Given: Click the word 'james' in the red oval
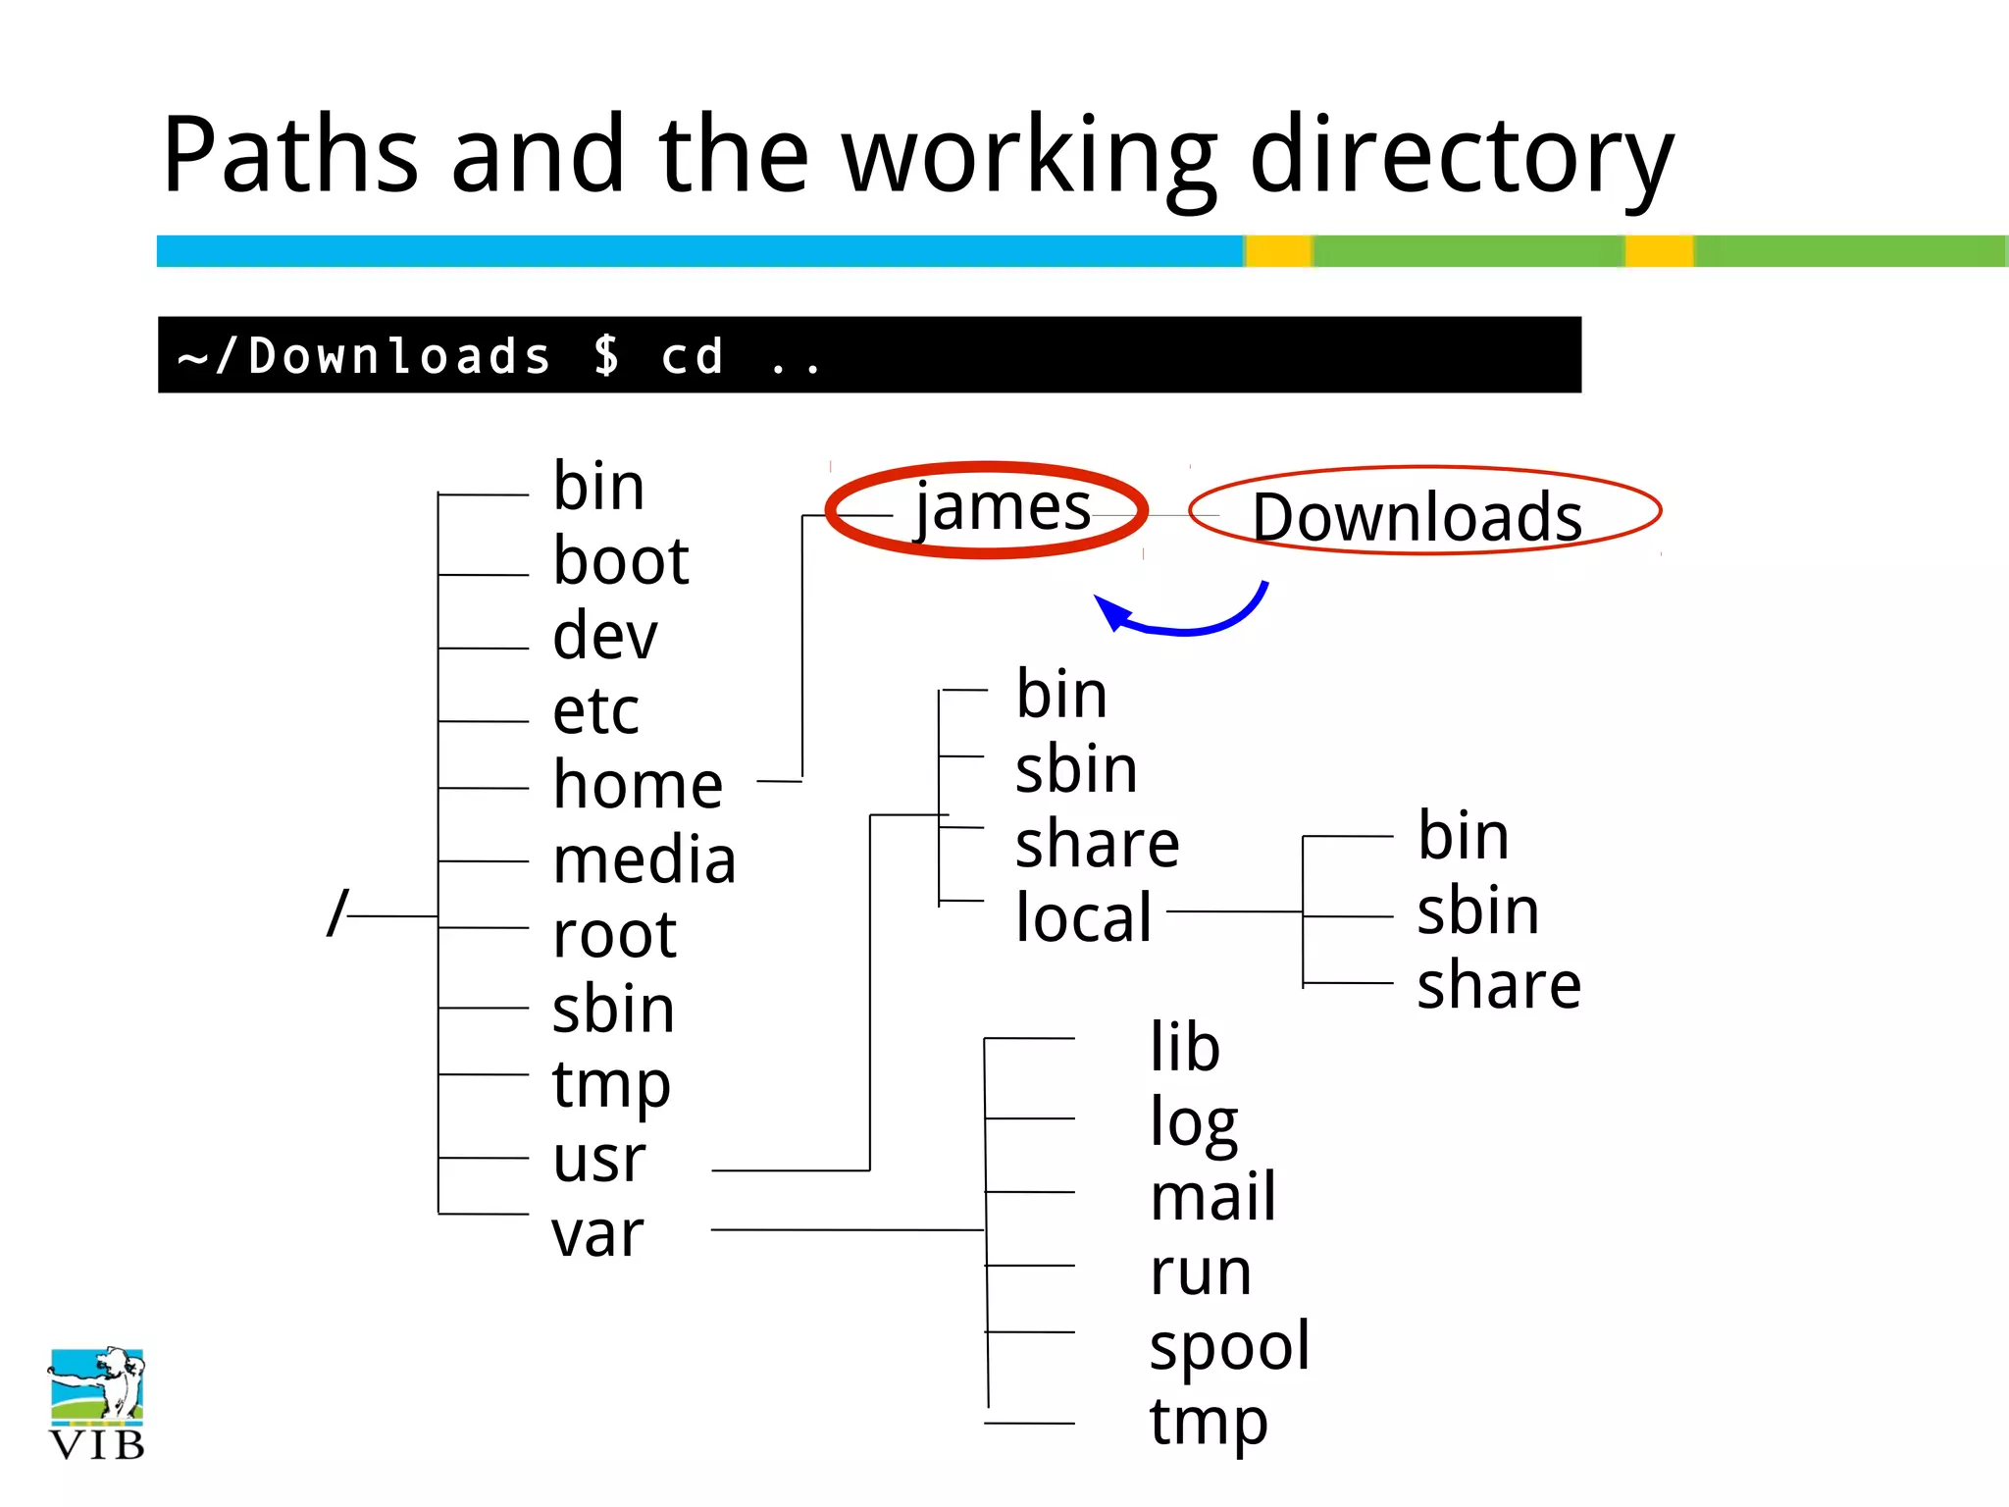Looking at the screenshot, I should point(1003,508).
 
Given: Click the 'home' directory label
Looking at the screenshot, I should point(638,785).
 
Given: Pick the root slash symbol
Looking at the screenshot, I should point(337,913).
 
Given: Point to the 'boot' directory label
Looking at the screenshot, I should point(621,561).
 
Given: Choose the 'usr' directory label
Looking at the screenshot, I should point(598,1159).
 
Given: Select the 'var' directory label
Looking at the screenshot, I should point(597,1233).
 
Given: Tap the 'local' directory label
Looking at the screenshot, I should point(1083,917).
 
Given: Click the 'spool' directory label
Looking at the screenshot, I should point(1229,1346).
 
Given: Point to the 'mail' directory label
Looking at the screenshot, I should point(1212,1197).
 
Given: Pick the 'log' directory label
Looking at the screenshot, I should point(1193,1123).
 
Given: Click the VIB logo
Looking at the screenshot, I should point(96,1404).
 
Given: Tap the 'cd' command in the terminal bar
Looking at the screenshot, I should point(693,355).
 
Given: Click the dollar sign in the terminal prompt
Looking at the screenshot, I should point(607,355).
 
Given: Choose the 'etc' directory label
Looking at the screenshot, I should point(595,710).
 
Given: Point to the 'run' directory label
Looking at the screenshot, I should point(1200,1272).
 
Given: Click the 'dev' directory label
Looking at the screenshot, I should point(604,636).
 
